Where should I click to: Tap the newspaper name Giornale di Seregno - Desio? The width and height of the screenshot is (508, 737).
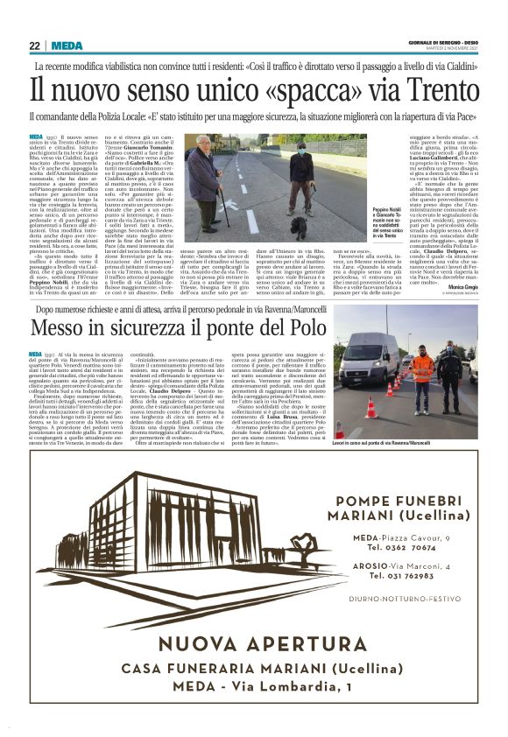(442, 43)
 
